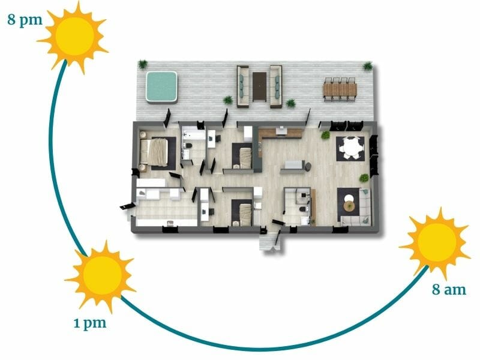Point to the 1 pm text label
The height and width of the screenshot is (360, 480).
pos(89,323)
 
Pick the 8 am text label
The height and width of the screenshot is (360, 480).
pos(449,289)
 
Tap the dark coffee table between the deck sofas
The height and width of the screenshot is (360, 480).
pos(259,86)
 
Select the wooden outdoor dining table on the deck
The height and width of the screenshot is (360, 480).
pos(339,90)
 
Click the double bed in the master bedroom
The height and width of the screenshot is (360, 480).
pos(157,151)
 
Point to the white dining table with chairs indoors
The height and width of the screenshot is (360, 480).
pos(350,147)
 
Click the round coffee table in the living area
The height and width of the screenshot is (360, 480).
pos(349,205)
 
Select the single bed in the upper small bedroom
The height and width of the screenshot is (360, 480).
pos(244,157)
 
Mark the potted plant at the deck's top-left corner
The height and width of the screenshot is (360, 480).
pos(143,64)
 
